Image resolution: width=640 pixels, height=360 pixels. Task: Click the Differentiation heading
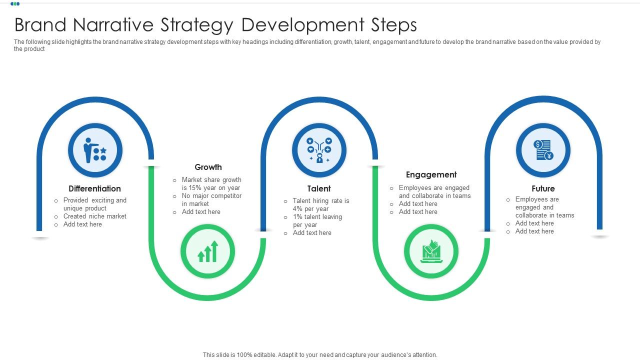pyautogui.click(x=94, y=188)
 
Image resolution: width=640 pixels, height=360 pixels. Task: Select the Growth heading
pyautogui.click(x=208, y=167)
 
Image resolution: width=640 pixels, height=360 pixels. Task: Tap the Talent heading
pyautogui.click(x=319, y=188)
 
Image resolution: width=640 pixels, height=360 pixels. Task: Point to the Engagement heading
pyautogui.click(x=431, y=174)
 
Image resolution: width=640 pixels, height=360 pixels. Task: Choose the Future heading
pyautogui.click(x=543, y=188)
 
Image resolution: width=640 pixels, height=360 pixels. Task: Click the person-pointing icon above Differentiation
pyautogui.click(x=95, y=150)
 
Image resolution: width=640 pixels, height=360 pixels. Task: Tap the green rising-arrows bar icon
pyautogui.click(x=207, y=251)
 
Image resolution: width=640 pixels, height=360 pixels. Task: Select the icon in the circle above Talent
pyautogui.click(x=319, y=150)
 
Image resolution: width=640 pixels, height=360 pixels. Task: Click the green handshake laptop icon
pyautogui.click(x=431, y=251)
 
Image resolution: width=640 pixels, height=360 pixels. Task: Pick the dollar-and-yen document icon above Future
pyautogui.click(x=543, y=150)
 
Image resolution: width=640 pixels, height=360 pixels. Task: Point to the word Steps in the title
pyautogui.click(x=393, y=24)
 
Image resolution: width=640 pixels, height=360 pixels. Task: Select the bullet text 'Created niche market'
pyautogui.click(x=94, y=216)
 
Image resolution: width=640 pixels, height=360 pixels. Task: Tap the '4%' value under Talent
pyautogui.click(x=298, y=209)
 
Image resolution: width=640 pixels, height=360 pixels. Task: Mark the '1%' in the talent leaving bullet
pyautogui.click(x=298, y=217)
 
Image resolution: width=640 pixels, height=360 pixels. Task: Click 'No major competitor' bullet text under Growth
pyautogui.click(x=211, y=196)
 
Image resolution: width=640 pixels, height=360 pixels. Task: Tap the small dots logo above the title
pyautogui.click(x=15, y=4)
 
